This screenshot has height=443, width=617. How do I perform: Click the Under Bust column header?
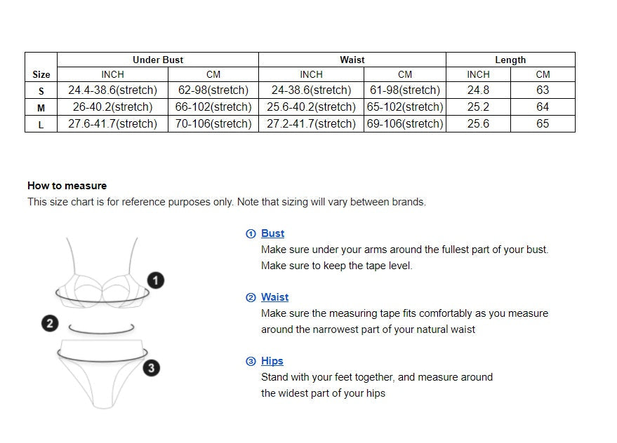[158, 60]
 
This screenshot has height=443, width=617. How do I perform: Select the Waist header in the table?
[352, 60]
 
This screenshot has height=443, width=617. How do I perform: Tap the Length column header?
[510, 60]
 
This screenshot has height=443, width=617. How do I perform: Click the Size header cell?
[41, 74]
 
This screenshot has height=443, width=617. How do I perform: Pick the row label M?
[41, 108]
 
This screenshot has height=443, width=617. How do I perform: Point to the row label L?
[41, 125]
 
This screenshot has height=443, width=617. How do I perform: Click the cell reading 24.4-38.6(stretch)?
[112, 90]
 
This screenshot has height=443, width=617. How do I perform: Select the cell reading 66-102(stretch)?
[213, 107]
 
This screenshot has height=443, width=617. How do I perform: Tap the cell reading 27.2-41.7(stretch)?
[311, 124]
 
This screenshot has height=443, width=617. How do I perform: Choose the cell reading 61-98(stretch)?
[405, 90]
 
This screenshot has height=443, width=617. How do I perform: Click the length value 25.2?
[478, 107]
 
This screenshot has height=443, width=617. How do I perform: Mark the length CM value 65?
[543, 124]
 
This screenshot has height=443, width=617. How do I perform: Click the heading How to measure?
[67, 186]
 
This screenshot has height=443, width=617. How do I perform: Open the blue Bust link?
[272, 233]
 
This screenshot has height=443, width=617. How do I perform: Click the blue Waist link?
[274, 297]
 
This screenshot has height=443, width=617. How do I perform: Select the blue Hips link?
[272, 361]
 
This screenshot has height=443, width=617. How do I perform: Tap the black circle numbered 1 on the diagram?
[156, 280]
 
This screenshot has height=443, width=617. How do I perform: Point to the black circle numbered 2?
[50, 324]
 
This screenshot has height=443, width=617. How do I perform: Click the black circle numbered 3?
[152, 368]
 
